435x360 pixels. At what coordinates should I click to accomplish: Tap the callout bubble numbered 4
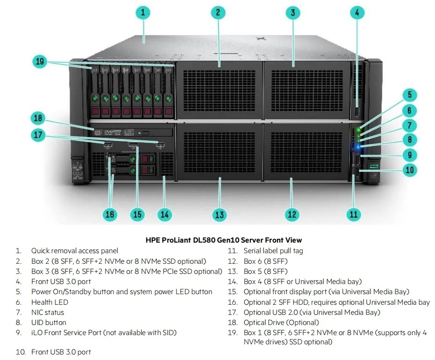click(357, 12)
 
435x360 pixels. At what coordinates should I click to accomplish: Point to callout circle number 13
click(219, 214)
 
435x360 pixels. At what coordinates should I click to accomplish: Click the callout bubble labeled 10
click(409, 170)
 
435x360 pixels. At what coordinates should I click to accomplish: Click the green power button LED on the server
click(359, 129)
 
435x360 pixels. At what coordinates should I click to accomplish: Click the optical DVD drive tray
click(134, 133)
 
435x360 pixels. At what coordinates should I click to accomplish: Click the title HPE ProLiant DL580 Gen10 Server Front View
click(223, 240)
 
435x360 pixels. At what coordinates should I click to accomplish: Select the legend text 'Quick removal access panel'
click(75, 251)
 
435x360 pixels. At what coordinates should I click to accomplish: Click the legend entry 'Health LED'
click(49, 302)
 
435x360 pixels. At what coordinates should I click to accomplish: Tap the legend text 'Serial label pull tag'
click(273, 251)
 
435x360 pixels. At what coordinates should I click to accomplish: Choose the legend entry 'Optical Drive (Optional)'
click(281, 322)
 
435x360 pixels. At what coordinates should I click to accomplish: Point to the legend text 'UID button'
click(48, 322)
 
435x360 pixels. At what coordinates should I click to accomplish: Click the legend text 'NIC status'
click(47, 312)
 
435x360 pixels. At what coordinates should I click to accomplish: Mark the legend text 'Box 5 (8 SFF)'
click(265, 271)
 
